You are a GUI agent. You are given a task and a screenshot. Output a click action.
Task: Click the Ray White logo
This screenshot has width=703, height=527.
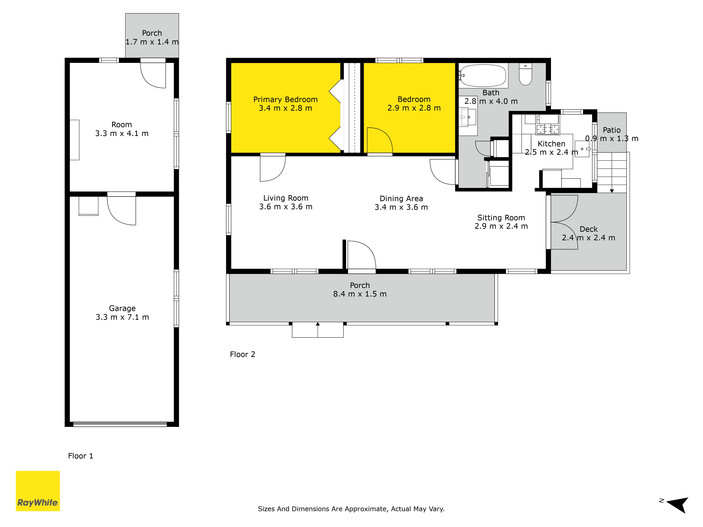pos(38,491)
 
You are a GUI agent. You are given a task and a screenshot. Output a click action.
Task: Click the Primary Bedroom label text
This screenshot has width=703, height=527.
pos(285,99)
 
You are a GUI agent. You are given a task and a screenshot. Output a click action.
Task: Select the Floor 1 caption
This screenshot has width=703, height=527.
pos(81,456)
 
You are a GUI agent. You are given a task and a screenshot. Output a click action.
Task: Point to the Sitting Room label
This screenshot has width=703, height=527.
pos(501,218)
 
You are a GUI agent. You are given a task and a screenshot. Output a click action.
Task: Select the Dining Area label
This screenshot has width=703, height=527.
pos(401,199)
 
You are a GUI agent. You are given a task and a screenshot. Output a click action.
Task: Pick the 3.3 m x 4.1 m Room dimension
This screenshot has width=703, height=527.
pos(122,133)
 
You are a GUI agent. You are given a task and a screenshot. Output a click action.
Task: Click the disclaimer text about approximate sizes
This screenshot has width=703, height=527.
pos(351,509)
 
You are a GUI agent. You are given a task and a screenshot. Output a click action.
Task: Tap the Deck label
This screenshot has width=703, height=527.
pos(589,229)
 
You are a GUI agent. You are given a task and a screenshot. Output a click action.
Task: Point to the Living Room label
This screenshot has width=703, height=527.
pos(286,198)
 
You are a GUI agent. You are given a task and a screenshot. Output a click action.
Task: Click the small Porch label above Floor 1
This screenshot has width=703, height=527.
pos(152,33)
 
